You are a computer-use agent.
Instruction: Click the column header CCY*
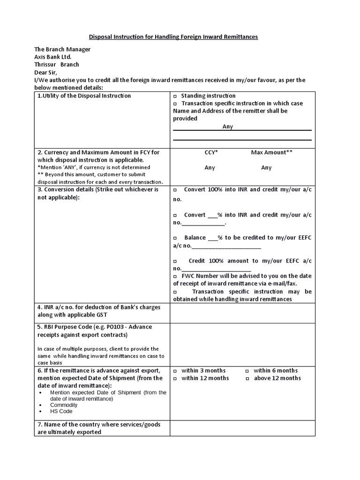(211, 152)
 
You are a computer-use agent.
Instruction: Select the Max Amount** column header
(272, 152)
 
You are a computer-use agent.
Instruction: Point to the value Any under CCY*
(210, 167)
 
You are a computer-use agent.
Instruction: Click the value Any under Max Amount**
(266, 167)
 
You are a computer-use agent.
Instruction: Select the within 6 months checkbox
(247, 371)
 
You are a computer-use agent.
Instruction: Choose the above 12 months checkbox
(247, 378)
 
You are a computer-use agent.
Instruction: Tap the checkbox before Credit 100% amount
(175, 261)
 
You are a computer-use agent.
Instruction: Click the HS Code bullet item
(61, 411)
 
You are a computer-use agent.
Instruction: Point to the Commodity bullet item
(64, 405)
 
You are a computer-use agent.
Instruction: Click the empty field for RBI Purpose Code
(242, 345)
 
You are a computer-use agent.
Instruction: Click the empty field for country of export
(242, 427)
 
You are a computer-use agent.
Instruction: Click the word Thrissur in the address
(45, 64)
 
